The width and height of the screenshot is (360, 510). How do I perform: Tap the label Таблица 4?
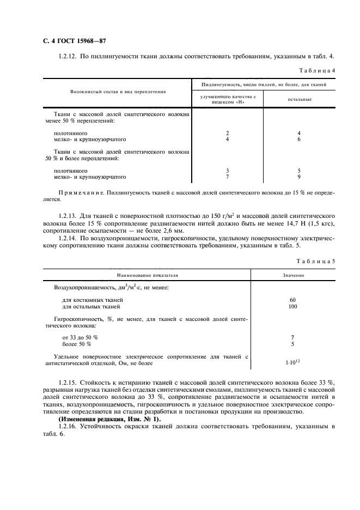(x=318, y=71)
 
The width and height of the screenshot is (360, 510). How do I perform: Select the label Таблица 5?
(x=318, y=260)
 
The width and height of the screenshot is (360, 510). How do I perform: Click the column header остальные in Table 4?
(x=300, y=100)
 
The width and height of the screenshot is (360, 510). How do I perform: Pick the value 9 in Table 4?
(x=299, y=177)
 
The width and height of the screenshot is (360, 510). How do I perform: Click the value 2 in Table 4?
(x=227, y=132)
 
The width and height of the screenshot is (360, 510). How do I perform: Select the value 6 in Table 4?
(x=299, y=139)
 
